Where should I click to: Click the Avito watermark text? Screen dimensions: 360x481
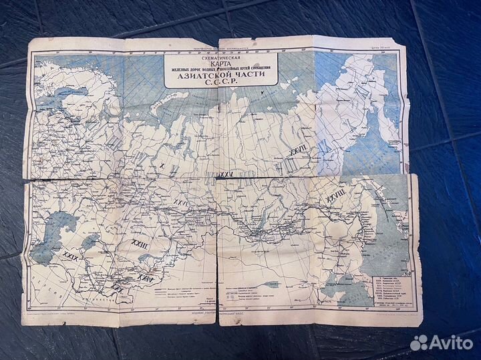point(450,343)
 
